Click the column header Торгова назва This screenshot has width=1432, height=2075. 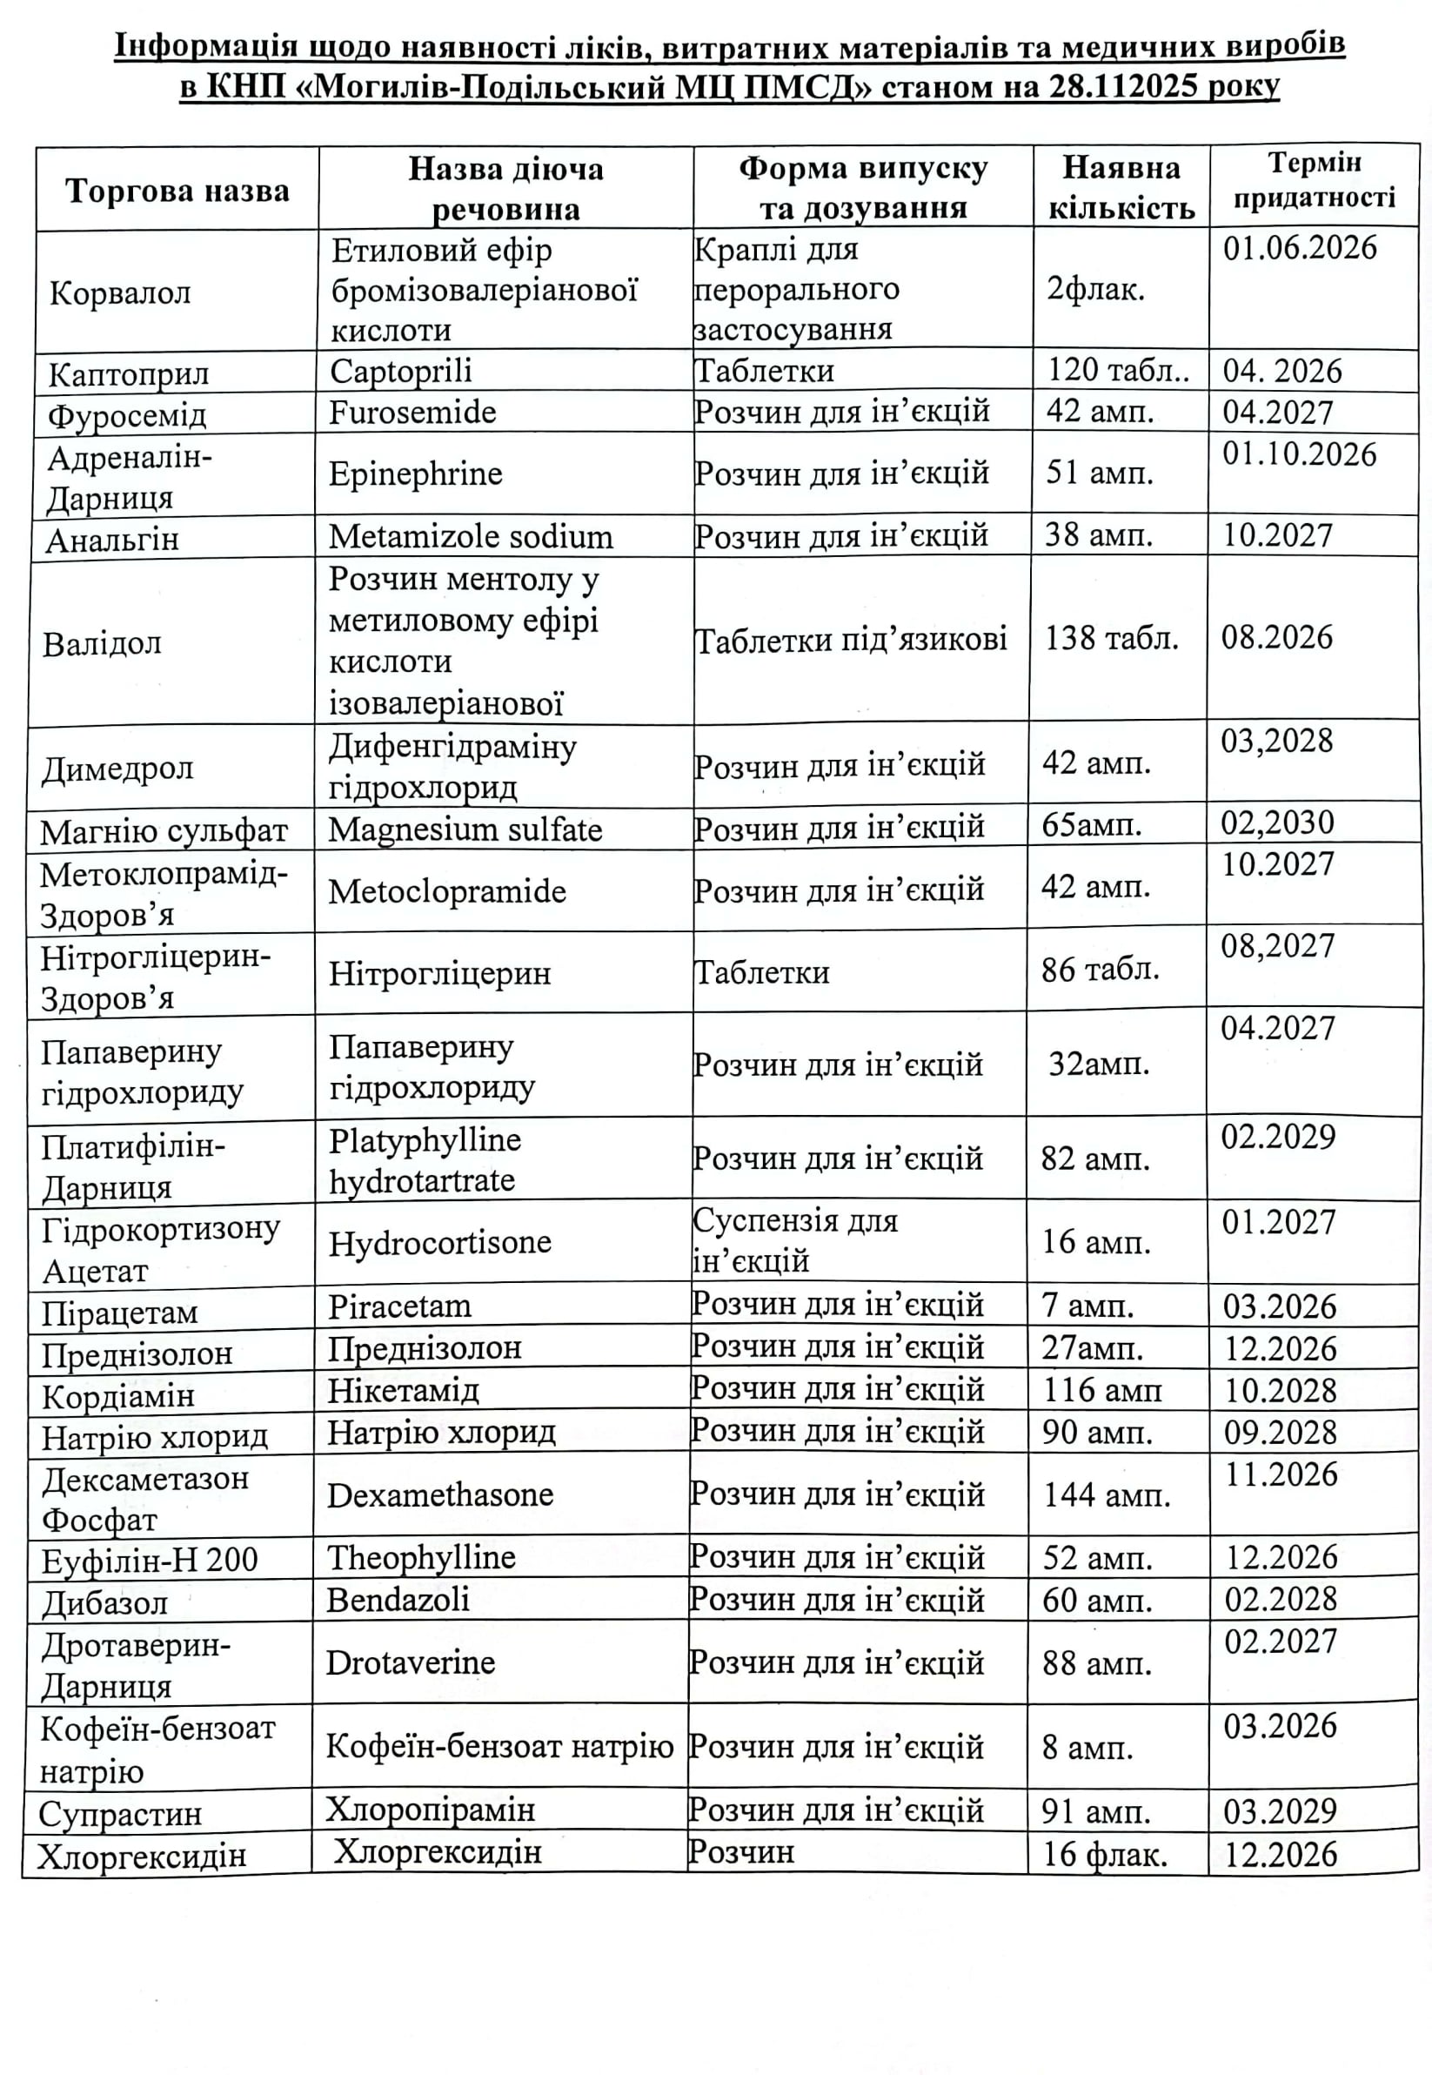pos(177,191)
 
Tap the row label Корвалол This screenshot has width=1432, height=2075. pos(120,293)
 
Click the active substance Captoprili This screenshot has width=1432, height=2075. pos(400,371)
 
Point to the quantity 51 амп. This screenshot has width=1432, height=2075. pos(1099,473)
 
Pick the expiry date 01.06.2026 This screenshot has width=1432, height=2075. pos(1299,248)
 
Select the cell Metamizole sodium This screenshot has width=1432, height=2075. pos(470,537)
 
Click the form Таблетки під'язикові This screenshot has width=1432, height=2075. pos(851,639)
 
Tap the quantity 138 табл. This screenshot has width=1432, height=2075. pos(1111,638)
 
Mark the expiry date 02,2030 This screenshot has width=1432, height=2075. pos(1278,823)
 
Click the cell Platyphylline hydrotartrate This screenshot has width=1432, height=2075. pos(425,1159)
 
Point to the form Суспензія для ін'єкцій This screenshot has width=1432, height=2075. pos(795,1241)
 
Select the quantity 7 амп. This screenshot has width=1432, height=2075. pos(1087,1306)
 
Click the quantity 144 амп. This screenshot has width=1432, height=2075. pos(1107,1494)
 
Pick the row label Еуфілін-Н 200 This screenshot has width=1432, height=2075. pos(150,1561)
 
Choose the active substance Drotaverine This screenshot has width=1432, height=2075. pos(410,1663)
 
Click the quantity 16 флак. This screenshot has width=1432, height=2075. pos(1105,1854)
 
